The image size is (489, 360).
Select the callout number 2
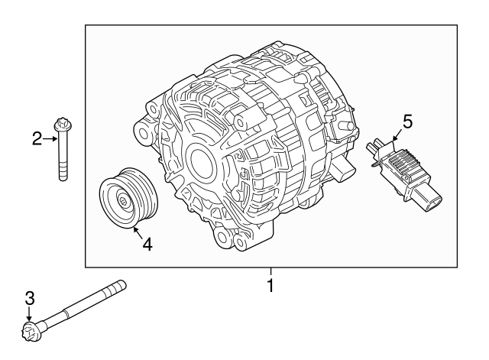pos(36,138)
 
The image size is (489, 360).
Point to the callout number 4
pos(147,245)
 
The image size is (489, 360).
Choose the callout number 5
pos(407,121)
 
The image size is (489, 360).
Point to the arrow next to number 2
pos(50,138)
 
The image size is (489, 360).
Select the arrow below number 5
pos(397,138)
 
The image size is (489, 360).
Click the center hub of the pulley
pos(122,201)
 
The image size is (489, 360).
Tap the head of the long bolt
pos(31,332)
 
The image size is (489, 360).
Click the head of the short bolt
pos(61,125)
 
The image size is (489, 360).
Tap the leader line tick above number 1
pos(270,271)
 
